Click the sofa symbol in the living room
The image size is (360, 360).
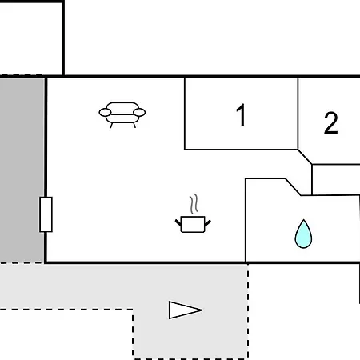122,115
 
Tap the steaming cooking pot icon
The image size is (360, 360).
193,214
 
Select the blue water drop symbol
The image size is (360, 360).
303,234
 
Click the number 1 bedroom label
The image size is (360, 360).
241,114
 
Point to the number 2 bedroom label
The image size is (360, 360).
331,123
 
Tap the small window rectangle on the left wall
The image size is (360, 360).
46,214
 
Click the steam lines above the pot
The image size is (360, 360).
194,204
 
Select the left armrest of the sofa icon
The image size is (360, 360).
105,113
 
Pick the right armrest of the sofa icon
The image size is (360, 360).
139,113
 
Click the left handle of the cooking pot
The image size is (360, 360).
178,222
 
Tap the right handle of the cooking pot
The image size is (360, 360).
208,222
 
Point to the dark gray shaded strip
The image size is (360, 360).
22,170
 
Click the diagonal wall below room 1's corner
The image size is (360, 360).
305,157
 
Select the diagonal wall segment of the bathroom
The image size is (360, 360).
293,186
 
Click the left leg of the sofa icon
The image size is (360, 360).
111,126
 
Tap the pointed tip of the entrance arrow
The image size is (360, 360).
202,310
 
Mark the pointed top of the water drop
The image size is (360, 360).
303,220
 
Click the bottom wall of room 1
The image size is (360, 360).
241,150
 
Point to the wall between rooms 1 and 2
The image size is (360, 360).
298,114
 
